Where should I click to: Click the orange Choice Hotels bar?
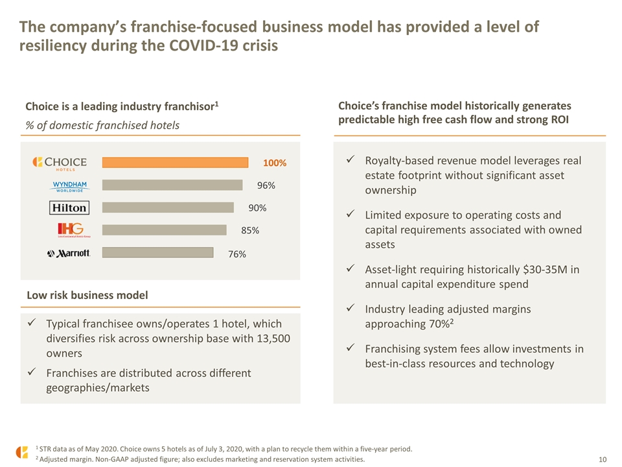pos(175,162)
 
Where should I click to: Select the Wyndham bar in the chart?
pos(172,185)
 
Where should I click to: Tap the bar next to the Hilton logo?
pos(168,208)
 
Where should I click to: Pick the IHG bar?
pos(164,230)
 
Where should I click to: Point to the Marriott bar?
pos(157,252)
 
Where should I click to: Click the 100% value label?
pos(275,163)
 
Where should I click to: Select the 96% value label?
pos(266,186)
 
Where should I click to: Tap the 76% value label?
pos(237,254)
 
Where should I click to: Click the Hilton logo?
pos(69,208)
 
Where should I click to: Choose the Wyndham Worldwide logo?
pos(70,187)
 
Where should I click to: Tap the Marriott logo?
pos(69,254)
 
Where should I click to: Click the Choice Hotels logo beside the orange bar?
pos(60,163)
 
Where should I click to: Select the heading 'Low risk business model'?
pos(87,295)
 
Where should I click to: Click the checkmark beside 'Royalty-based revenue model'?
pos(351,160)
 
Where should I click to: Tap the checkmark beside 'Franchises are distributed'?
pos(32,372)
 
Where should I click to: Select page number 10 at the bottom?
pos(602,459)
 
